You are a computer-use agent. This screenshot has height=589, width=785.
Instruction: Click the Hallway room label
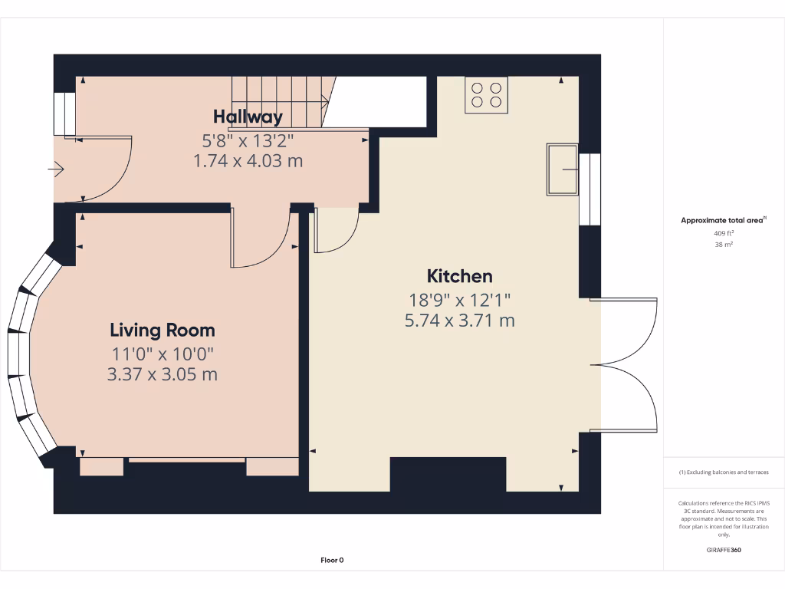coord(248,117)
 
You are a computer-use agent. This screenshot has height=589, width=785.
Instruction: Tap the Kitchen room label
coord(459,276)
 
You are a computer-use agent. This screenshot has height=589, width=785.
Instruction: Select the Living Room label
coord(163,331)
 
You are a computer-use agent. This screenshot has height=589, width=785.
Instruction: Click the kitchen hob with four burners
coord(486,95)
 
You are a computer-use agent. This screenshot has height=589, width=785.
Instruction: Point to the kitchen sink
coord(563,169)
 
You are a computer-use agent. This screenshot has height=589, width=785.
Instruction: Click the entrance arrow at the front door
coord(56,169)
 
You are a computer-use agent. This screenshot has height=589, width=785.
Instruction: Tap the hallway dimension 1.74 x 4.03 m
coord(248,161)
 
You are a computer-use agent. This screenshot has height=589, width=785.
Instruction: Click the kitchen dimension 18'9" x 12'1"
coord(459,299)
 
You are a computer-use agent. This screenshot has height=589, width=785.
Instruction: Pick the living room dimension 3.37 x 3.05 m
coord(163,374)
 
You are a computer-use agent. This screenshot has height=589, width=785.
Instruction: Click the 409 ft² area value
coord(723,232)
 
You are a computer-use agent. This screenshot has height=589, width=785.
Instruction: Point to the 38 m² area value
coord(723,245)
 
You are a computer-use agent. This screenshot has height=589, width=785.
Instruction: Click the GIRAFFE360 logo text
coord(723,550)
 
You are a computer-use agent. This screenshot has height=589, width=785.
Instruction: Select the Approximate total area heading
coord(723,220)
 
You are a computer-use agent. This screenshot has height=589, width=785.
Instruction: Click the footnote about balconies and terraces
coord(723,472)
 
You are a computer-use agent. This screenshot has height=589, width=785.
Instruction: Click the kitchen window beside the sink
coord(590,189)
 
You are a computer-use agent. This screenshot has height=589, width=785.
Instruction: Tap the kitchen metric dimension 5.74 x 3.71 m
coord(459,321)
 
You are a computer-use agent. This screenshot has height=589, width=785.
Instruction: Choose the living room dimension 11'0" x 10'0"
coord(163,354)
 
